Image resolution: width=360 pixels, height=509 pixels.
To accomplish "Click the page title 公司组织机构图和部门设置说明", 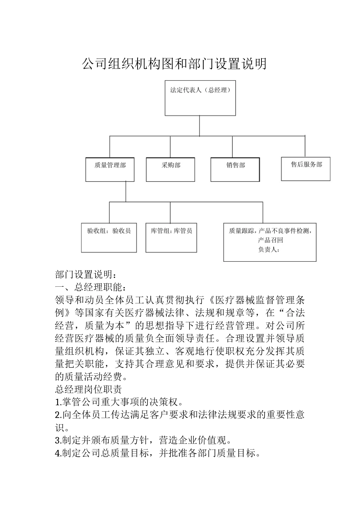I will [174, 64].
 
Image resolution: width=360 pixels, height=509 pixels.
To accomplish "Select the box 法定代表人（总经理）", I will [200, 98].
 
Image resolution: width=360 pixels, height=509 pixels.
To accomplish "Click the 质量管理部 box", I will [110, 169].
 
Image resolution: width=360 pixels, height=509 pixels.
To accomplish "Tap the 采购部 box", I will [171, 169].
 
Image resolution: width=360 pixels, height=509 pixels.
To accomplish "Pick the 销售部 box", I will [235, 169].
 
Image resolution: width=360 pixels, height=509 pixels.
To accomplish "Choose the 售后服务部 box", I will [306, 169].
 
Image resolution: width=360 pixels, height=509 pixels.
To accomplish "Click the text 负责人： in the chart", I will [269, 250].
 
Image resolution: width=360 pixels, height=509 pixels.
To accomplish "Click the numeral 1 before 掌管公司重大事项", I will [57, 402].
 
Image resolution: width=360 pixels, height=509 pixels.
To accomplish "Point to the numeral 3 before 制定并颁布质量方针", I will [57, 440].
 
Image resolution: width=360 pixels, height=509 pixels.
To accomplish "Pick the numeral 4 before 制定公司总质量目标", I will [57, 453].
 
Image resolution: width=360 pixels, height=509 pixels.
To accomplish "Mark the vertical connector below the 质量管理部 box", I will [126, 192].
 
